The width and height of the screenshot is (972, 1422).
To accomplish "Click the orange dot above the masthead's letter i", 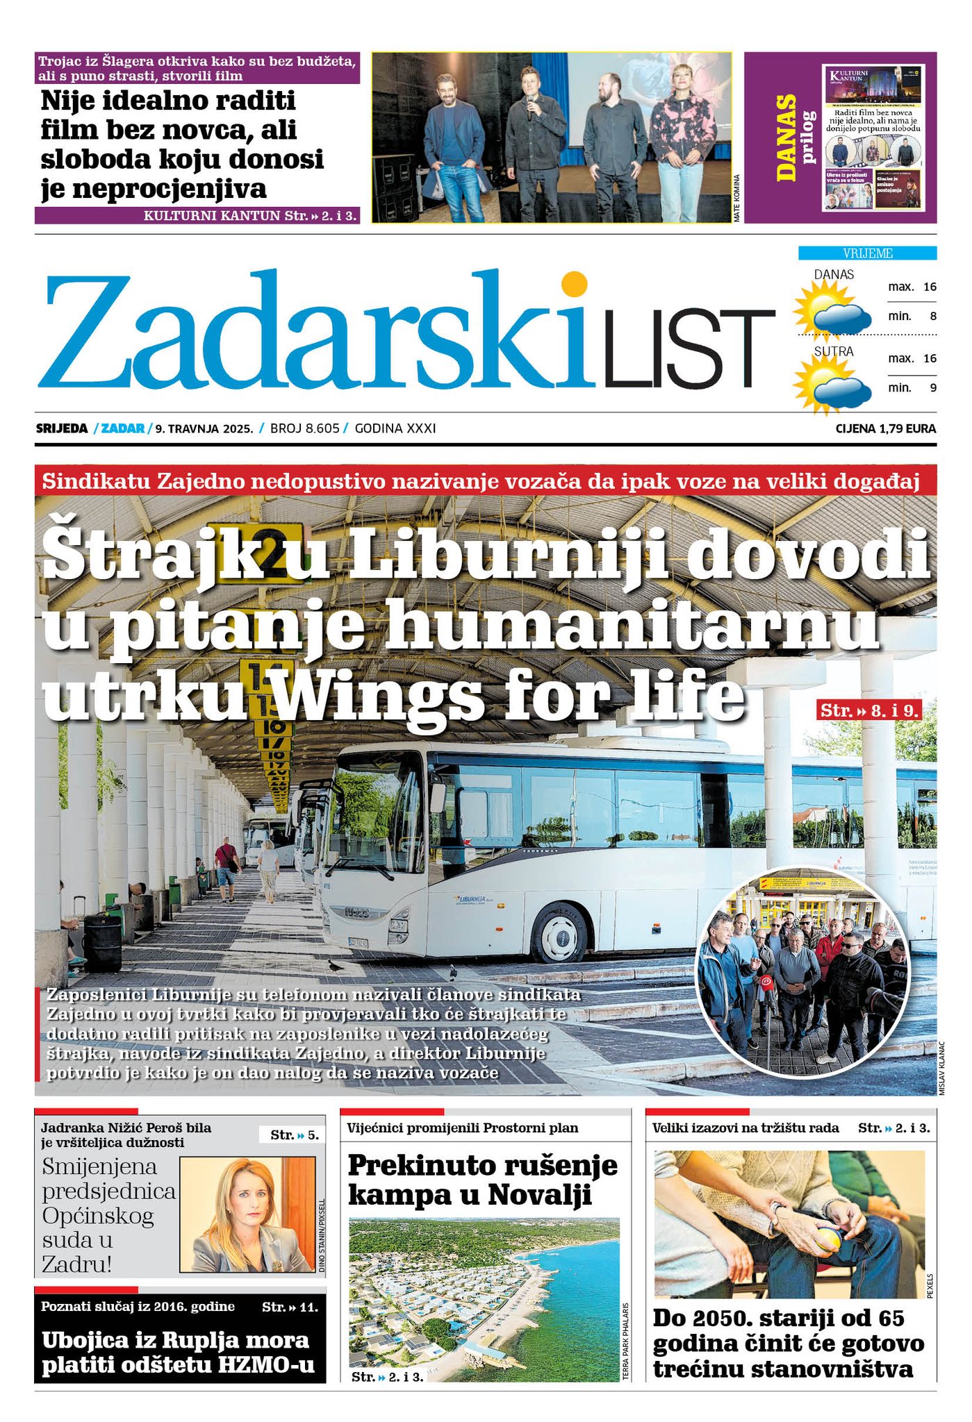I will pos(574,285).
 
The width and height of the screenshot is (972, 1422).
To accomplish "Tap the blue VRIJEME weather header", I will pos(867,253).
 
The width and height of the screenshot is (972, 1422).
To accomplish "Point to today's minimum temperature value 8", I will pos(932,316).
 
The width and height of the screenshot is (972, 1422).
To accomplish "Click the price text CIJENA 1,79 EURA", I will pos(885,428).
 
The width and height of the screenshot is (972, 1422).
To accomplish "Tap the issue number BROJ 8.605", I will pos(304,428).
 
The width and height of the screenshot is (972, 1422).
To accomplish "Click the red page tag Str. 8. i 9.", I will pos(870,710).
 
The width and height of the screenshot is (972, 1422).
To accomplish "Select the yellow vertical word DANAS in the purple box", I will pos(786,137).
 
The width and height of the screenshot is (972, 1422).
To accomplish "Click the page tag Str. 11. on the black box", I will pos(290,1307).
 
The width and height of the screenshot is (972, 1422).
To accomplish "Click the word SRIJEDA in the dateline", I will pos(62,428).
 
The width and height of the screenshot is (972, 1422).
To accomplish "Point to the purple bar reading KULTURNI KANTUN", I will pos(197,216).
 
